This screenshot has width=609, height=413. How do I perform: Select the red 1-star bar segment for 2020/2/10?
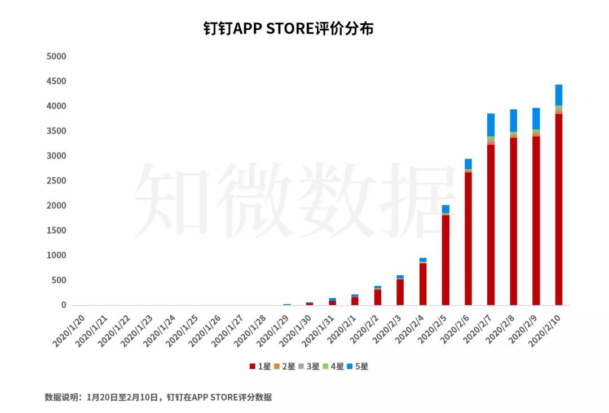[558, 209]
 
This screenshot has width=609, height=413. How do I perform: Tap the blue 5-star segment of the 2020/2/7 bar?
[491, 125]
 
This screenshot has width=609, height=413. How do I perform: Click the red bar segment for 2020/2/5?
[445, 260]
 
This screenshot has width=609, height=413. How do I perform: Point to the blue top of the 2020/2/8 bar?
[513, 120]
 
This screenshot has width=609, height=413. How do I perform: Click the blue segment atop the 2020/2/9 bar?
[536, 118]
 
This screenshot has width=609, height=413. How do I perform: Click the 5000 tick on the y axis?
[56, 56]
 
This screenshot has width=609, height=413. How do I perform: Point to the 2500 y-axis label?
[56, 181]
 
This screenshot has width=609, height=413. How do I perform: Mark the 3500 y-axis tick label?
[56, 131]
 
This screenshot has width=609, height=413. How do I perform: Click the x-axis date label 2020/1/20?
[69, 331]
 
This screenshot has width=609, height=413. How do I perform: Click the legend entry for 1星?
[260, 367]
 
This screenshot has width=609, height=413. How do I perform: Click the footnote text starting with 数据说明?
[158, 398]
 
